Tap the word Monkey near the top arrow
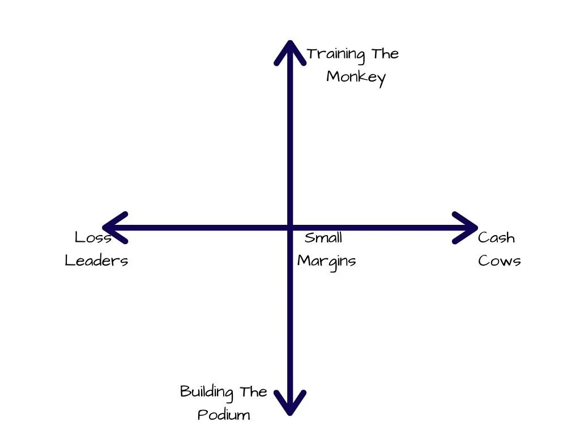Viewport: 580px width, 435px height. point(356,77)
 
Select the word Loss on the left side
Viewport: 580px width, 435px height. point(93,237)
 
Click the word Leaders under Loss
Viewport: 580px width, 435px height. point(96,261)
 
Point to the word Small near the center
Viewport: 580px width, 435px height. point(323,237)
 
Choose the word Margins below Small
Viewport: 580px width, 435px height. point(327,261)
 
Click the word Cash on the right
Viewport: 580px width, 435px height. point(496,237)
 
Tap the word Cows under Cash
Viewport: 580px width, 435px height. point(499,261)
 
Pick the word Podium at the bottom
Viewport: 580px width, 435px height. point(224,415)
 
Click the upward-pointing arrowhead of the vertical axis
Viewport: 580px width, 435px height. point(290,48)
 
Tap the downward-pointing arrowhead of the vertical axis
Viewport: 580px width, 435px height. point(290,408)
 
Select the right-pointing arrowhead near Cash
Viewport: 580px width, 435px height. point(470,228)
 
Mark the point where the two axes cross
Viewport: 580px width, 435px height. point(290,228)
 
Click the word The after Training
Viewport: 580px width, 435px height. point(385,54)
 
